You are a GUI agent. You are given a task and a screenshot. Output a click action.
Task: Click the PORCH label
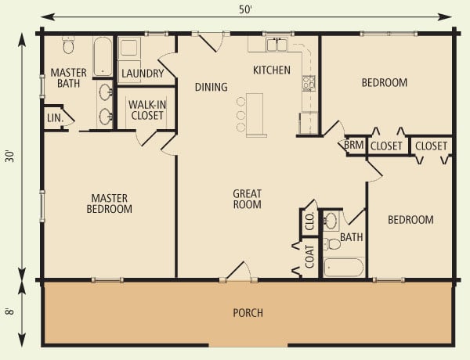[x=248, y=313]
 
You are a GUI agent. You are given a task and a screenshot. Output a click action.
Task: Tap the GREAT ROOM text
[x=248, y=199]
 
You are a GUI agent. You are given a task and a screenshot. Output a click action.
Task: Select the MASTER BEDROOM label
[x=110, y=203]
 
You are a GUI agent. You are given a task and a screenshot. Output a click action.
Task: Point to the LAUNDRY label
[x=143, y=74]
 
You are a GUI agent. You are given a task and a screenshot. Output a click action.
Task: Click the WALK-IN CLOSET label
[x=146, y=110]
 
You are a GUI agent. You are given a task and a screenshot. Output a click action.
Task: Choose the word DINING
[x=211, y=87]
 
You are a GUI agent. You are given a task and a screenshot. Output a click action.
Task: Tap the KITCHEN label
[x=271, y=70]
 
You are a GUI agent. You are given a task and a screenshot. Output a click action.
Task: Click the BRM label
[x=353, y=146]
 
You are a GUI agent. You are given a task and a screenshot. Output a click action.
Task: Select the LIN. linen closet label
[x=53, y=118]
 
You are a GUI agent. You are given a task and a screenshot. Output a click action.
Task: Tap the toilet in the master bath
[x=68, y=45]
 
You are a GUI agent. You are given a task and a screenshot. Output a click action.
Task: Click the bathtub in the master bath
[x=103, y=56]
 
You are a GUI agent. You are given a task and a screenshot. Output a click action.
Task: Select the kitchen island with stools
[x=255, y=114]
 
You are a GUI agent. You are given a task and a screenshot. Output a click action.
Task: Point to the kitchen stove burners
[x=309, y=82]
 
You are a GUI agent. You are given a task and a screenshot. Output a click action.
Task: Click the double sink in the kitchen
[x=277, y=45]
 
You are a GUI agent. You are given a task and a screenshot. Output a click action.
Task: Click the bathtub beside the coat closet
[x=344, y=267]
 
